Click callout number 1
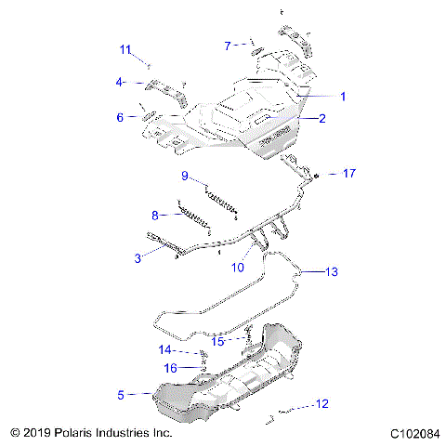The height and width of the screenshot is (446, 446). click(x=342, y=96)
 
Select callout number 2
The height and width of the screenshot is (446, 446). click(x=322, y=118)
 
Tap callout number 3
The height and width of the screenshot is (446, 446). click(x=138, y=257)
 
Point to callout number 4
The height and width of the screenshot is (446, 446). click(x=119, y=82)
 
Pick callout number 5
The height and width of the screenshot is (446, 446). click(x=120, y=395)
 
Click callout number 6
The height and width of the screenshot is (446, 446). click(x=119, y=117)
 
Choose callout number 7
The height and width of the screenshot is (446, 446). click(x=228, y=45)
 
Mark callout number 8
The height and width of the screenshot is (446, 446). click(x=156, y=215)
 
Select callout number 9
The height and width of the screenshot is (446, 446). click(x=185, y=176)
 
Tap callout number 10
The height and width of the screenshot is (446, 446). click(x=238, y=268)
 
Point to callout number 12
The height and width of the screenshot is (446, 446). click(x=322, y=403)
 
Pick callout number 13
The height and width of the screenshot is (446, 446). click(x=331, y=271)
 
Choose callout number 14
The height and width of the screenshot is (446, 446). click(x=164, y=350)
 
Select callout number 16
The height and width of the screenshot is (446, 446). click(x=171, y=368)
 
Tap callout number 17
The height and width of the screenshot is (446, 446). click(x=349, y=174)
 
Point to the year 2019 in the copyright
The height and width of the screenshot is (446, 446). click(x=35, y=433)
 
